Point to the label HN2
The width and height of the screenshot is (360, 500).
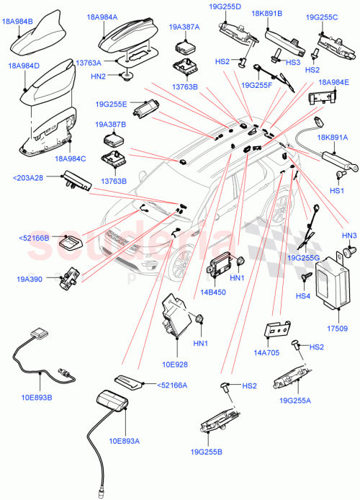[x=99, y=76]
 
